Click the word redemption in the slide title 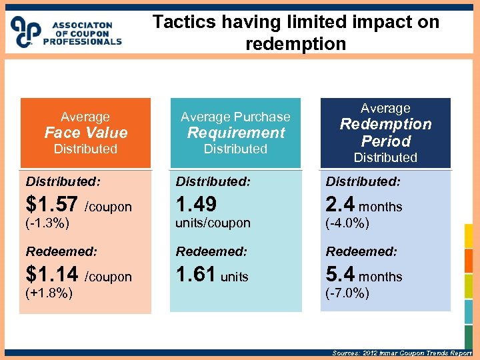(x=295, y=44)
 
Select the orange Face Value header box (x=85, y=133)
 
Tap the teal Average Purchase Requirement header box (x=235, y=133)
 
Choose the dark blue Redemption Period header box (x=385, y=133)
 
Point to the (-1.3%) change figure (x=47, y=223)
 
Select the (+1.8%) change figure (x=49, y=293)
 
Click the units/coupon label (x=213, y=223)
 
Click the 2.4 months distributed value (x=364, y=205)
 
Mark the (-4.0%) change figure (x=347, y=223)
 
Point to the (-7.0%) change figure (x=347, y=293)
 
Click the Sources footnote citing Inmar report (x=401, y=353)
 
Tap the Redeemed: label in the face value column (x=61, y=251)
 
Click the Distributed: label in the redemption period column (x=363, y=181)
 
